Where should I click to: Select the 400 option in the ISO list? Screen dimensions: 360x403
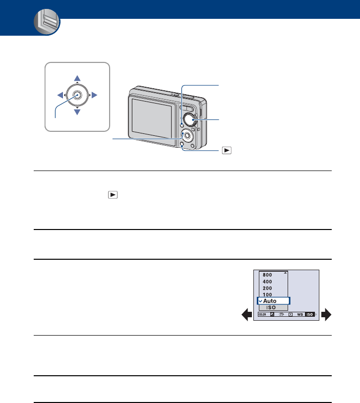pyautogui.click(x=267, y=281)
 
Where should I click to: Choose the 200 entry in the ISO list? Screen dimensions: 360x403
pyautogui.click(x=267, y=288)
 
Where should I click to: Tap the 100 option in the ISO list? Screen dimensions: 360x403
pyautogui.click(x=267, y=294)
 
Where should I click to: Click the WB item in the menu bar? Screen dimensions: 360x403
pyautogui.click(x=300, y=315)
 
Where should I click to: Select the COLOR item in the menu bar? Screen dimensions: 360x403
pyautogui.click(x=262, y=315)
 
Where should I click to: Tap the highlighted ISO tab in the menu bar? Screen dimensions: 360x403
pyautogui.click(x=310, y=315)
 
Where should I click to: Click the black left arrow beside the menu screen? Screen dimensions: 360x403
pyautogui.click(x=246, y=314)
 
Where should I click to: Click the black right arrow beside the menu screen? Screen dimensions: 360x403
pyautogui.click(x=326, y=314)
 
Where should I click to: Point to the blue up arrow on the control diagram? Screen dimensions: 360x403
pyautogui.click(x=77, y=78)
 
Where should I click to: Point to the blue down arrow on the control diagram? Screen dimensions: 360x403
pyautogui.click(x=77, y=113)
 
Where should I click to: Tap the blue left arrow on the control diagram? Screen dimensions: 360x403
pyautogui.click(x=60, y=95)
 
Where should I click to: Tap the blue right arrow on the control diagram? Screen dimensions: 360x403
pyautogui.click(x=94, y=95)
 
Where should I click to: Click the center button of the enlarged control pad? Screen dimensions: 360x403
pyautogui.click(x=77, y=95)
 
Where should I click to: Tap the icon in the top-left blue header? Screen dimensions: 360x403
pyautogui.click(x=47, y=23)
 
